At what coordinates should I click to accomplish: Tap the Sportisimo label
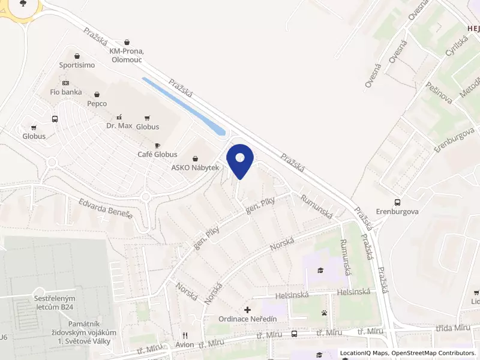pyautogui.click(x=77, y=65)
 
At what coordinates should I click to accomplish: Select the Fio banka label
pyautogui.click(x=66, y=92)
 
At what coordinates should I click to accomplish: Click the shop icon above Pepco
pyautogui.click(x=97, y=94)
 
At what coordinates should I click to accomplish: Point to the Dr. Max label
pyautogui.click(x=119, y=126)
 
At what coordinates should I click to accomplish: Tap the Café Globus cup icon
pyautogui.click(x=158, y=145)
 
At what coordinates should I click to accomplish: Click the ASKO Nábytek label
pyautogui.click(x=196, y=167)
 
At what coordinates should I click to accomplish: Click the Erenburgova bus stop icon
pyautogui.click(x=397, y=202)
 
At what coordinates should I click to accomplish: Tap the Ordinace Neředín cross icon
pyautogui.click(x=248, y=310)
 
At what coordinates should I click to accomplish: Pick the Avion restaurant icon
pyautogui.click(x=185, y=335)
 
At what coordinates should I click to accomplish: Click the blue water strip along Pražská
pyautogui.click(x=184, y=106)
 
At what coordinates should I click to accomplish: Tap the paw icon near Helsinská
pyautogui.click(x=324, y=313)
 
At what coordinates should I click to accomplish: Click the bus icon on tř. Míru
pyautogui.click(x=294, y=334)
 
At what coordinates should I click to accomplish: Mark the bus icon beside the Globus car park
pyautogui.click(x=55, y=119)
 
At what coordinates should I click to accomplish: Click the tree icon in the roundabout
pyautogui.click(x=23, y=3)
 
